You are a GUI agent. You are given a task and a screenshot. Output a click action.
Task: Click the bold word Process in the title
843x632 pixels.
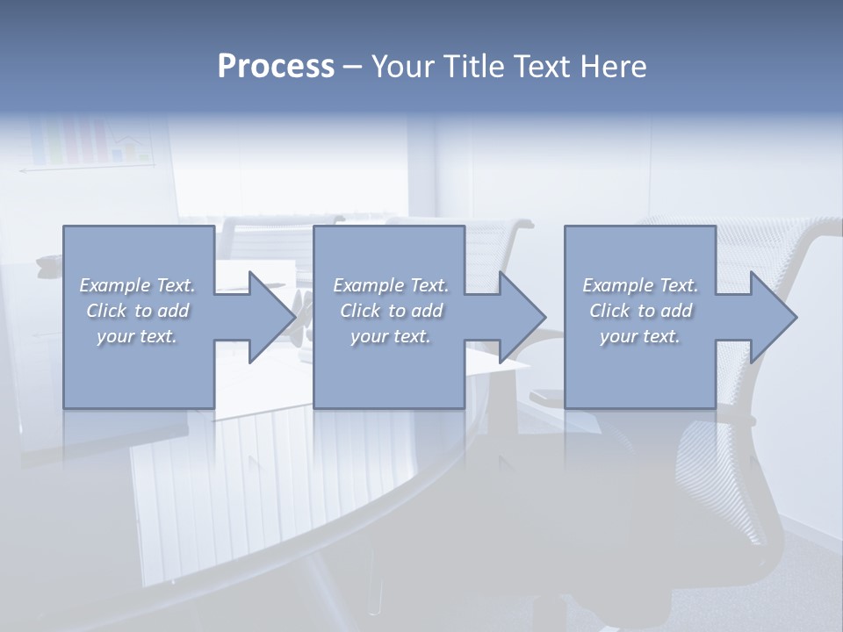pyautogui.click(x=276, y=67)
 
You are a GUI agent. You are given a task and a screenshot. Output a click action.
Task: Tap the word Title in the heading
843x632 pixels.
pyautogui.click(x=474, y=67)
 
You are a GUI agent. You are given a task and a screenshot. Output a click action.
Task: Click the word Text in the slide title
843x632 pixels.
pyautogui.click(x=544, y=67)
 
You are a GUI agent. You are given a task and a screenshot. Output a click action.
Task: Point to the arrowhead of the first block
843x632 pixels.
pyautogui.click(x=272, y=317)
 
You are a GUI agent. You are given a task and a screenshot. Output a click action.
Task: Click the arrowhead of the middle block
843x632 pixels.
pyautogui.click(x=522, y=317)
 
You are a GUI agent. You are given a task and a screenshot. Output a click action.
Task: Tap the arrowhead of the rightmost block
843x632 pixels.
pyautogui.click(x=774, y=317)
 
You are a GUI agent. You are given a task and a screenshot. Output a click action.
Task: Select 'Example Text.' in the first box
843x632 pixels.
pyautogui.click(x=137, y=285)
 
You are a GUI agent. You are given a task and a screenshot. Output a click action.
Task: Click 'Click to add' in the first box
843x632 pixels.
pyautogui.click(x=137, y=311)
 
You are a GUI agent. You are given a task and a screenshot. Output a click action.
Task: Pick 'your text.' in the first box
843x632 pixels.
pyautogui.click(x=137, y=336)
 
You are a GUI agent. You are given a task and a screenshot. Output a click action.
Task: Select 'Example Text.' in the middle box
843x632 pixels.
pyautogui.click(x=390, y=285)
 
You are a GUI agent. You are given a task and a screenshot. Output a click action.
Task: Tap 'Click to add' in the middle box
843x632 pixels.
pyautogui.click(x=390, y=311)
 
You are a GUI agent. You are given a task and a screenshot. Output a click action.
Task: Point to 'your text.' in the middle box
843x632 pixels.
pyautogui.click(x=390, y=336)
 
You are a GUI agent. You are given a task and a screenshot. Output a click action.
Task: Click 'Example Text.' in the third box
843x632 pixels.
pyautogui.click(x=640, y=285)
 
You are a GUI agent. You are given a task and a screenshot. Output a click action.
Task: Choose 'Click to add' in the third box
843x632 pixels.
pyautogui.click(x=640, y=311)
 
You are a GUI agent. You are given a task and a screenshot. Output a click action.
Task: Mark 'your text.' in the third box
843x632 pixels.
pyautogui.click(x=640, y=336)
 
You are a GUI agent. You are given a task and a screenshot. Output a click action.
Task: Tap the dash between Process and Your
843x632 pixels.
pyautogui.click(x=352, y=67)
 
